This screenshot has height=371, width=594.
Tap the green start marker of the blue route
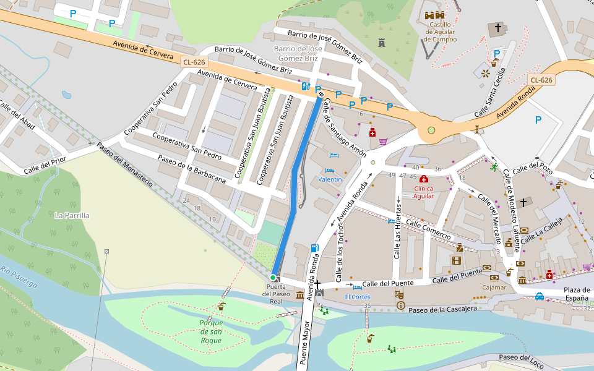273,277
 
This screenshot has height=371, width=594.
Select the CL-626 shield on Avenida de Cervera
194,62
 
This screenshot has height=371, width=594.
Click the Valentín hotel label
330,179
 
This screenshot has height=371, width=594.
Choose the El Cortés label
358,297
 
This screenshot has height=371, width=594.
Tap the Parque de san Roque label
211,331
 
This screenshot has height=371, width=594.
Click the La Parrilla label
72,215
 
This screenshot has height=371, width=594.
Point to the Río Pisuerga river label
19,277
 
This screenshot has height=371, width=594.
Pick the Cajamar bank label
494,287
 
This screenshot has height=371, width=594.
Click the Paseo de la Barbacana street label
192,169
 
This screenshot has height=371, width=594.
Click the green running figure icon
493,166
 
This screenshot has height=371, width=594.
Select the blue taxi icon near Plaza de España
540,296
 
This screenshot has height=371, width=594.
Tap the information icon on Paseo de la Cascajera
401,305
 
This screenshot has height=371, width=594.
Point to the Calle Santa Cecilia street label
491,101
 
